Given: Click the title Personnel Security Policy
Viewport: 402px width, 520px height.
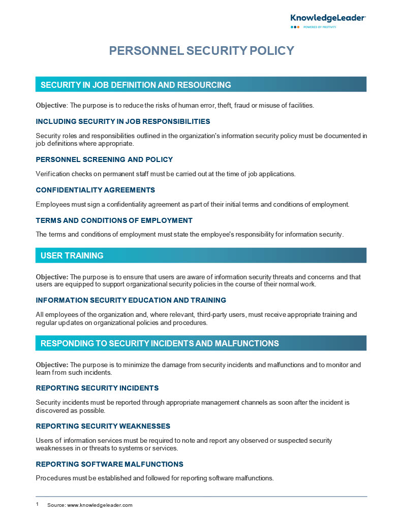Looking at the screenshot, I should click(202, 51).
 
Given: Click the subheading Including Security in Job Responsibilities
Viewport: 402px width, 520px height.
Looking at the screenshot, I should click(123, 121).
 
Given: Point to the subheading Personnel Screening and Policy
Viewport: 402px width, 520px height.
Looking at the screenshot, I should click(104, 159).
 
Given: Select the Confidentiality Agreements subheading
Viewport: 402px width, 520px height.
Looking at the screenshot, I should click(95, 190).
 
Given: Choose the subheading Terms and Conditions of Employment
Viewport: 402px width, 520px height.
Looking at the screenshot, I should click(114, 220).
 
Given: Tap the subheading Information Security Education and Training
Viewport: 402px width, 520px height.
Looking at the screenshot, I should click(131, 300).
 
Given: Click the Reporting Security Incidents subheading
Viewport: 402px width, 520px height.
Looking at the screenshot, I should click(97, 388).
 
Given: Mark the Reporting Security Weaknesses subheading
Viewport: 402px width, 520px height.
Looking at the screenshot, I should click(103, 426).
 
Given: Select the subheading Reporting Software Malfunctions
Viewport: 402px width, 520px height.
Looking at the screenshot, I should click(109, 464).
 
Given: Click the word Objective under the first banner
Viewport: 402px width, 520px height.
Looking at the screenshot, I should click(51, 106).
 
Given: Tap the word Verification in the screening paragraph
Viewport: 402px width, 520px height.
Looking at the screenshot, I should click(53, 174).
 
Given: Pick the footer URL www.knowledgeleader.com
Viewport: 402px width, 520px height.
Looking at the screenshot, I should click(100, 505).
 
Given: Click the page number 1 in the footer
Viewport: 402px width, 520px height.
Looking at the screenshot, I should click(37, 505).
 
